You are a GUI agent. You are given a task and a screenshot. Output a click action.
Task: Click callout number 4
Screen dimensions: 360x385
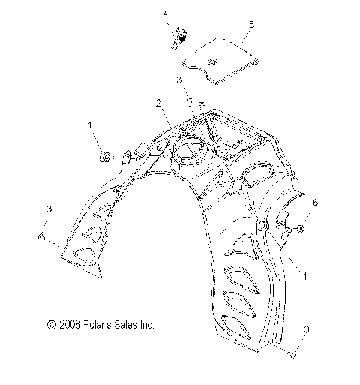point(166,14)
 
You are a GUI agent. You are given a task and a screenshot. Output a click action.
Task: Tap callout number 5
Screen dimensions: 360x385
point(251,25)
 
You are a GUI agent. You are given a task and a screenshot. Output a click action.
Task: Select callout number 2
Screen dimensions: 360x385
point(158,103)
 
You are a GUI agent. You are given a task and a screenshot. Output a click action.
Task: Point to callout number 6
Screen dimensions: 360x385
point(316,202)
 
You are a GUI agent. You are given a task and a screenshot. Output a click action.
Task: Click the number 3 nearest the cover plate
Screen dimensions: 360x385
point(178,80)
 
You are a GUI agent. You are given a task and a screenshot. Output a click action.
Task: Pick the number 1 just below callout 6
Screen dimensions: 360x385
point(304,276)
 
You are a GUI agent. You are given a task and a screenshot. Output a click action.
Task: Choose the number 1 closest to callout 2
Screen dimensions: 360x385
point(90,125)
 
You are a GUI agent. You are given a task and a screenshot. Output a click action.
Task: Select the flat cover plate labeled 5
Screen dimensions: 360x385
point(220,61)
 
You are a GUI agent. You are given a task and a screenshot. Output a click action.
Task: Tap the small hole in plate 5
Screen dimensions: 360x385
point(213,62)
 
